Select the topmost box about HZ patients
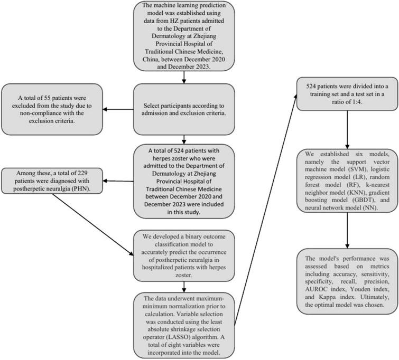[x=184, y=36]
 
